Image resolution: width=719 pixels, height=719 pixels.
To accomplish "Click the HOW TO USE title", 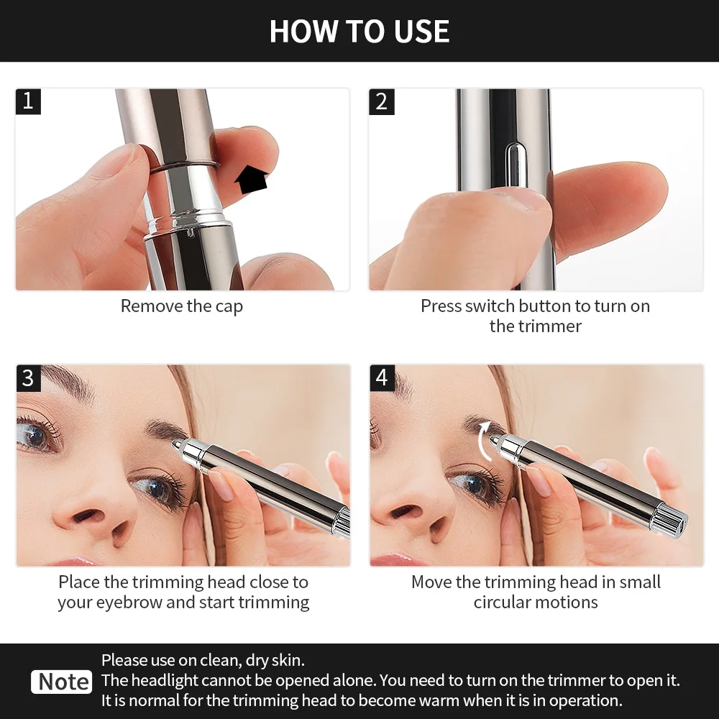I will tap(359, 32).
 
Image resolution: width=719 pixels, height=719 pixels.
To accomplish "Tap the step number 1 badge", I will tap(28, 101).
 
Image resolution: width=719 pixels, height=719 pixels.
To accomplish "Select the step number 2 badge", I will tap(382, 101).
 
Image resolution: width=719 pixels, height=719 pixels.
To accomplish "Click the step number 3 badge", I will tap(28, 377).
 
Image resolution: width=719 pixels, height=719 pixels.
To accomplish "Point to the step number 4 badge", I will tap(382, 377).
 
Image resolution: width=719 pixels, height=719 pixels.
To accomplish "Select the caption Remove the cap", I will tap(182, 306).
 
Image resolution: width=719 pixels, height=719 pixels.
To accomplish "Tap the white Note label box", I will tap(63, 681).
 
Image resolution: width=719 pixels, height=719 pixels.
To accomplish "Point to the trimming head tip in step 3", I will tap(176, 446).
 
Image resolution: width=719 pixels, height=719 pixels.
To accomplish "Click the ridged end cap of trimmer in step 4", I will tap(670, 520).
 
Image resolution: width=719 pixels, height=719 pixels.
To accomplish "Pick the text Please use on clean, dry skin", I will tap(203, 660).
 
